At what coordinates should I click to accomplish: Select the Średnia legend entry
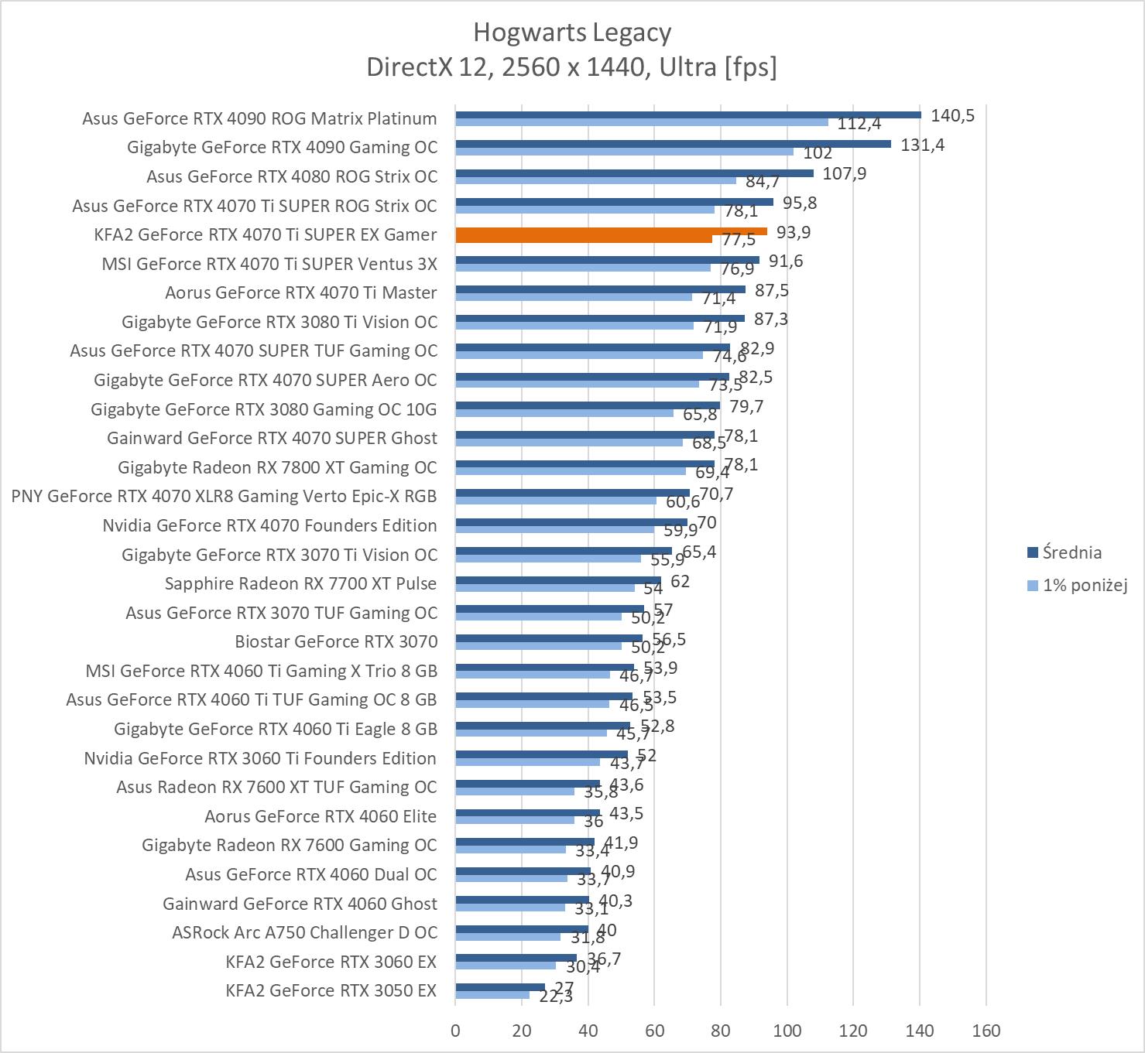(1071, 552)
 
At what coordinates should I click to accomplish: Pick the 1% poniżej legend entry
(1084, 585)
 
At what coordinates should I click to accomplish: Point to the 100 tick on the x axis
(787, 1031)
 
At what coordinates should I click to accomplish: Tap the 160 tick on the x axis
(986, 1031)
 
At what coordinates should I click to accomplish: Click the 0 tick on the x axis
(455, 1031)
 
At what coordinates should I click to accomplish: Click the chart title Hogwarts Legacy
(572, 32)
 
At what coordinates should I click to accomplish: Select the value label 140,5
(952, 116)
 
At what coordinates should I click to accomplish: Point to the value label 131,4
(922, 145)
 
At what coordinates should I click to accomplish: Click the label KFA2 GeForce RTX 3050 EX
(331, 990)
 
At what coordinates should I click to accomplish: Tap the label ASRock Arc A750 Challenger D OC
(304, 932)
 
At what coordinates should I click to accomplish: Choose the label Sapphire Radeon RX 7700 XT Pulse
(300, 583)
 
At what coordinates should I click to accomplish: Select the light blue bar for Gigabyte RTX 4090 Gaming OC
(624, 152)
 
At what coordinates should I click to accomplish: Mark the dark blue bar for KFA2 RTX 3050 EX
(500, 987)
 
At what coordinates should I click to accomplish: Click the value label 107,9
(844, 173)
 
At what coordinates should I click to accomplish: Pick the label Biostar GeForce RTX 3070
(336, 641)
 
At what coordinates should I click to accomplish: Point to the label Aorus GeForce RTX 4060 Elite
(321, 816)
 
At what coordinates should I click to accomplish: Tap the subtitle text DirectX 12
(427, 67)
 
